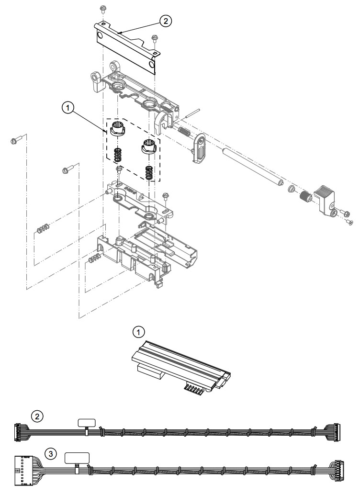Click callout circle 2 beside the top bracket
166,21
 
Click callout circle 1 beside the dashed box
67,108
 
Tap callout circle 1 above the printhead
138,332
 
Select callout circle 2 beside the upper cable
37,416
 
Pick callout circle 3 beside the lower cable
51,454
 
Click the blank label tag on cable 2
87,422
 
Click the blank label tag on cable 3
77,458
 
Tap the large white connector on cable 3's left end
23,471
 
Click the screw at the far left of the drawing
16,139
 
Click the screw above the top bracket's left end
102,9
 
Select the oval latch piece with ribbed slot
199,148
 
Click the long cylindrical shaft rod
253,167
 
